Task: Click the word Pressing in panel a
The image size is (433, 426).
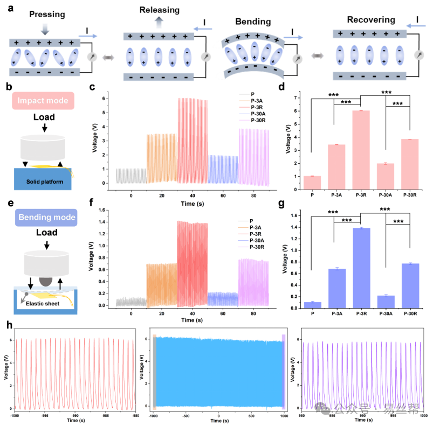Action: (47, 15)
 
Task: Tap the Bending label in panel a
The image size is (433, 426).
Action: (253, 22)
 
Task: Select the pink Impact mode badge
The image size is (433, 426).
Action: (43, 101)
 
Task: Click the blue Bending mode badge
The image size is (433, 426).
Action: (46, 217)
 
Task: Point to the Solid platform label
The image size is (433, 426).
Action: (45, 181)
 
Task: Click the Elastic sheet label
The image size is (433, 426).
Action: (43, 304)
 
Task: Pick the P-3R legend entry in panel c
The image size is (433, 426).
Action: (257, 107)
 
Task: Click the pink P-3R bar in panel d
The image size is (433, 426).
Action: (361, 150)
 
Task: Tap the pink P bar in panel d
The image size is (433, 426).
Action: (312, 183)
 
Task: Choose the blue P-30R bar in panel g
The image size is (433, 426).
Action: (410, 286)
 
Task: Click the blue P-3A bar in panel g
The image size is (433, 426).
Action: (337, 289)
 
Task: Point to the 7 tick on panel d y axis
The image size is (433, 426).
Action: (295, 98)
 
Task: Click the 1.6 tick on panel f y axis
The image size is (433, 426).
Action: (102, 210)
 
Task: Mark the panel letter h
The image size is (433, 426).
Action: (9, 325)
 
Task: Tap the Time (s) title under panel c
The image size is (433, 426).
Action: (193, 204)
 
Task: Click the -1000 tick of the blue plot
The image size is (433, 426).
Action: (153, 416)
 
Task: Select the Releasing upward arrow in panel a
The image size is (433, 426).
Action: (159, 22)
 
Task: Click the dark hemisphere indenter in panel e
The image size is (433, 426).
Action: (45, 282)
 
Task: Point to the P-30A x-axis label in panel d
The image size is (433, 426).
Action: (385, 195)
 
